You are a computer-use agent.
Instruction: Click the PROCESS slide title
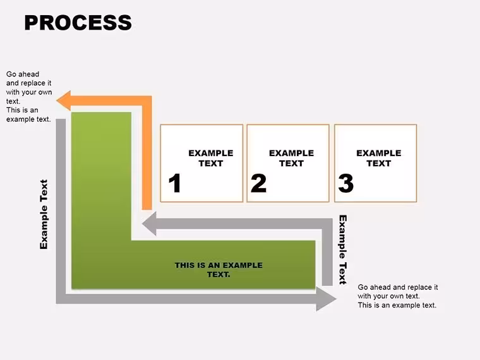(78, 23)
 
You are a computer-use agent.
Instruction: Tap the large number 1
(175, 183)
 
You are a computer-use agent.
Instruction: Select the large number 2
(258, 183)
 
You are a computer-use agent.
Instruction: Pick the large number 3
(346, 183)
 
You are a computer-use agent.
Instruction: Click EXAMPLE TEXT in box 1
(210, 158)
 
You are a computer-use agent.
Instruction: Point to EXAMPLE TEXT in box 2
(291, 158)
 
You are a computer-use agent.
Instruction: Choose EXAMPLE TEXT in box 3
(379, 158)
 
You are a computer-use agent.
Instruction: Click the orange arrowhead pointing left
(64, 100)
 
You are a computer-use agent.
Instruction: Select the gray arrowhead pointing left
(150, 224)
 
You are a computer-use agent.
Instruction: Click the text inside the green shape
(219, 270)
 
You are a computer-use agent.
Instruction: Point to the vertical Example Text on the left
(44, 214)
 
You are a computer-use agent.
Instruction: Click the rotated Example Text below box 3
(343, 249)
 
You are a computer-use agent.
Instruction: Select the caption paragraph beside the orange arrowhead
(29, 97)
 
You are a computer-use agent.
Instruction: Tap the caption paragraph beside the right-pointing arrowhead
(398, 296)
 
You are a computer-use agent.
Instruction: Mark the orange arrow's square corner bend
(147, 101)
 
